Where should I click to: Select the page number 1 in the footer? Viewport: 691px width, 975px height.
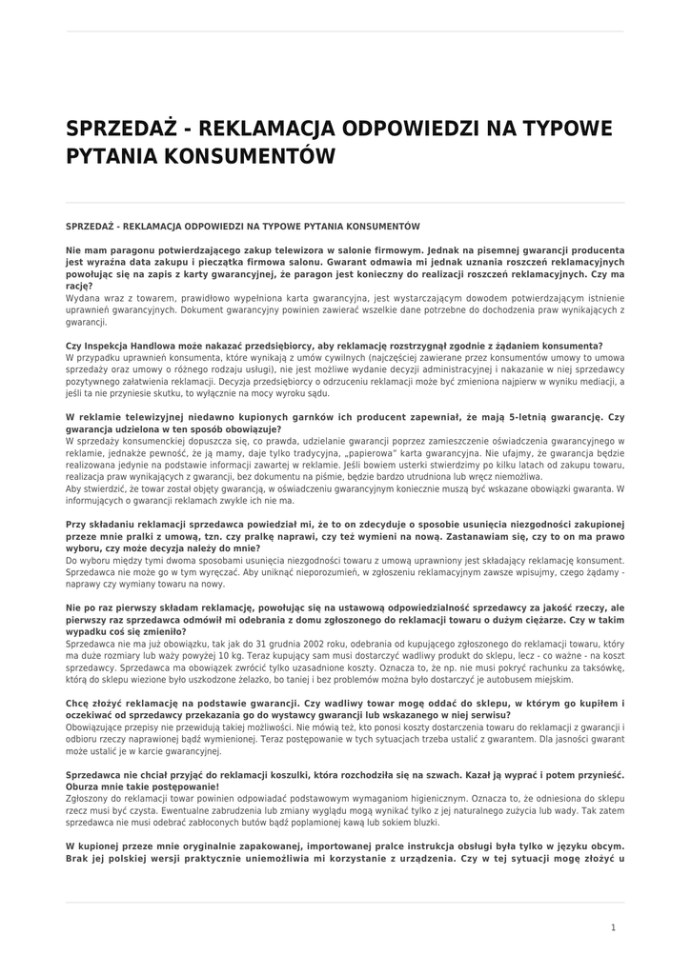coord(613,927)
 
